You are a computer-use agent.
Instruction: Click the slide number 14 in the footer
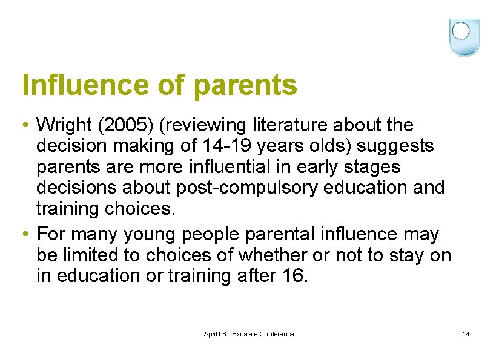(x=466, y=334)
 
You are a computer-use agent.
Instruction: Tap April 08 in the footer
(x=216, y=334)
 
